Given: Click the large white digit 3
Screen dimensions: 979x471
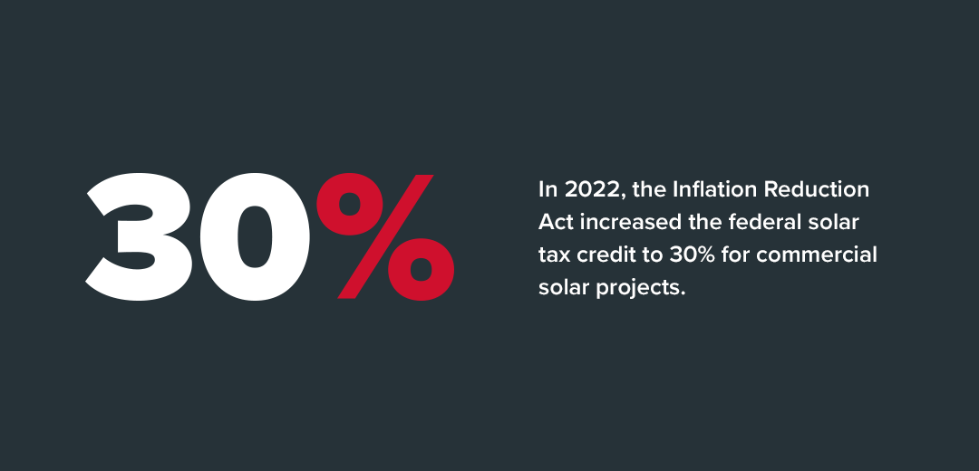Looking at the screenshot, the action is click(141, 237).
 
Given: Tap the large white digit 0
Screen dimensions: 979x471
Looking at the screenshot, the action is click(255, 237).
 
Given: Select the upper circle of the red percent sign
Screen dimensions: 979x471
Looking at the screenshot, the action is click(348, 204).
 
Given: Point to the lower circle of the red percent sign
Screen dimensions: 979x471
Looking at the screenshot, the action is click(421, 270).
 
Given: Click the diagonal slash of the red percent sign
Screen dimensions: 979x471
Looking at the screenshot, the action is click(385, 236).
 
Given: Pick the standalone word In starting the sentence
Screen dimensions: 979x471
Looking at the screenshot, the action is click(548, 189).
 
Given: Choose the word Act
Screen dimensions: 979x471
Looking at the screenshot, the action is click(556, 222).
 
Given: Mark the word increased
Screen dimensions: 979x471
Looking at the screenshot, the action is click(626, 222).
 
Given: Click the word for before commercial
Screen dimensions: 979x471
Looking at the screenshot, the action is click(734, 255).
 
